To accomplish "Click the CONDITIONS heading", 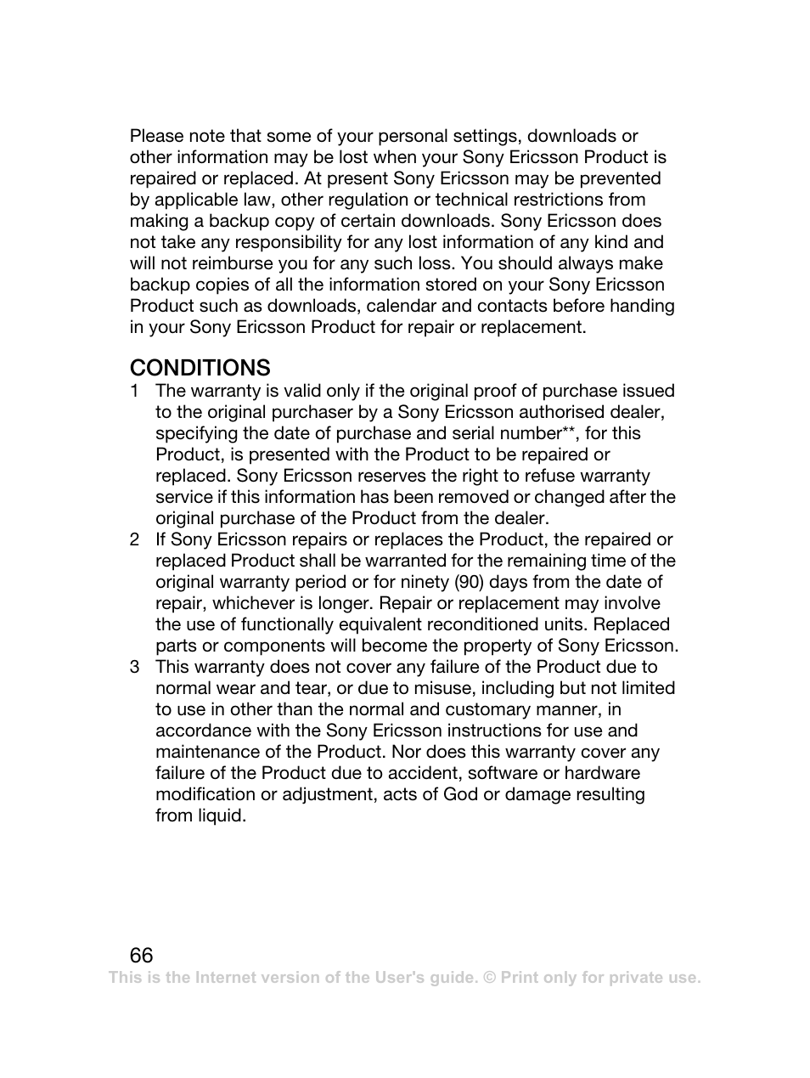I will tap(200, 368).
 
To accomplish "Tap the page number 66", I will tap(142, 954).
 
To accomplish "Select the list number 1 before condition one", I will tap(134, 392).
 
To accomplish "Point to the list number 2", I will tap(134, 540).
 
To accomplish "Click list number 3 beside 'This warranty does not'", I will tap(134, 668).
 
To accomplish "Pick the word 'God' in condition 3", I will tap(460, 795).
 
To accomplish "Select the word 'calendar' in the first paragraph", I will tap(402, 307).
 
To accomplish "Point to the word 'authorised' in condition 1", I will tap(561, 413).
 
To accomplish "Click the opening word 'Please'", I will tap(156, 137).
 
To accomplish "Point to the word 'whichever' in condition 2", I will tap(250, 604).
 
